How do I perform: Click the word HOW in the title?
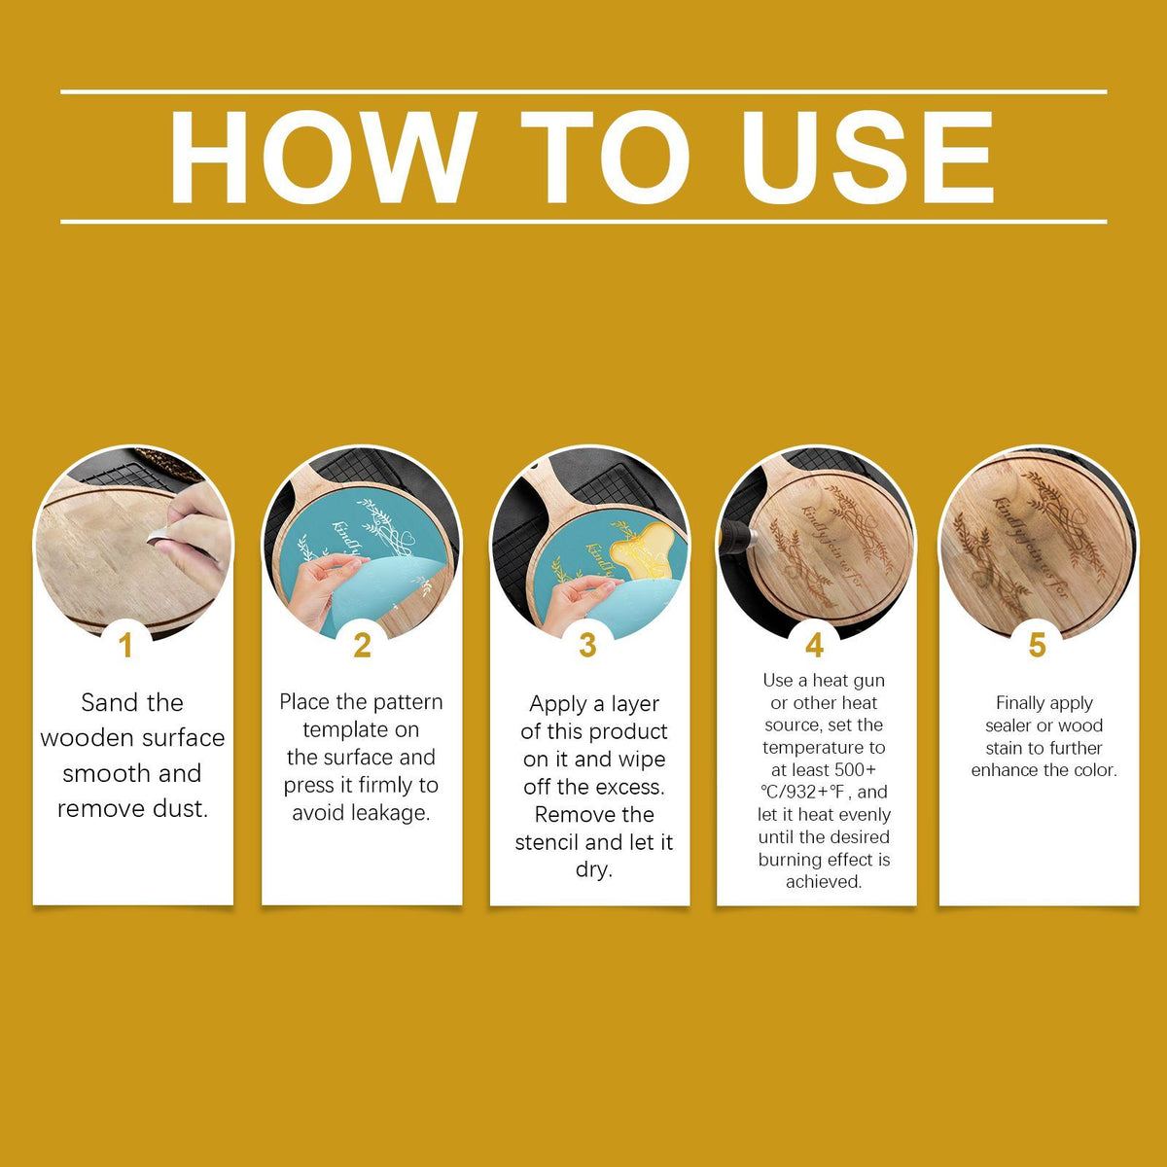(322, 157)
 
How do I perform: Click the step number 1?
(125, 646)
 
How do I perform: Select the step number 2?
(362, 646)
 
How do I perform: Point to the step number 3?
(587, 646)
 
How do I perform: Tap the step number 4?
(815, 646)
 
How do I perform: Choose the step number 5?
(1038, 646)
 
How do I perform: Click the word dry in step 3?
(594, 870)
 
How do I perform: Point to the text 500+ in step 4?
(855, 769)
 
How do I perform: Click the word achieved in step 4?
(824, 882)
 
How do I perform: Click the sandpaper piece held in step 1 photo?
(159, 535)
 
